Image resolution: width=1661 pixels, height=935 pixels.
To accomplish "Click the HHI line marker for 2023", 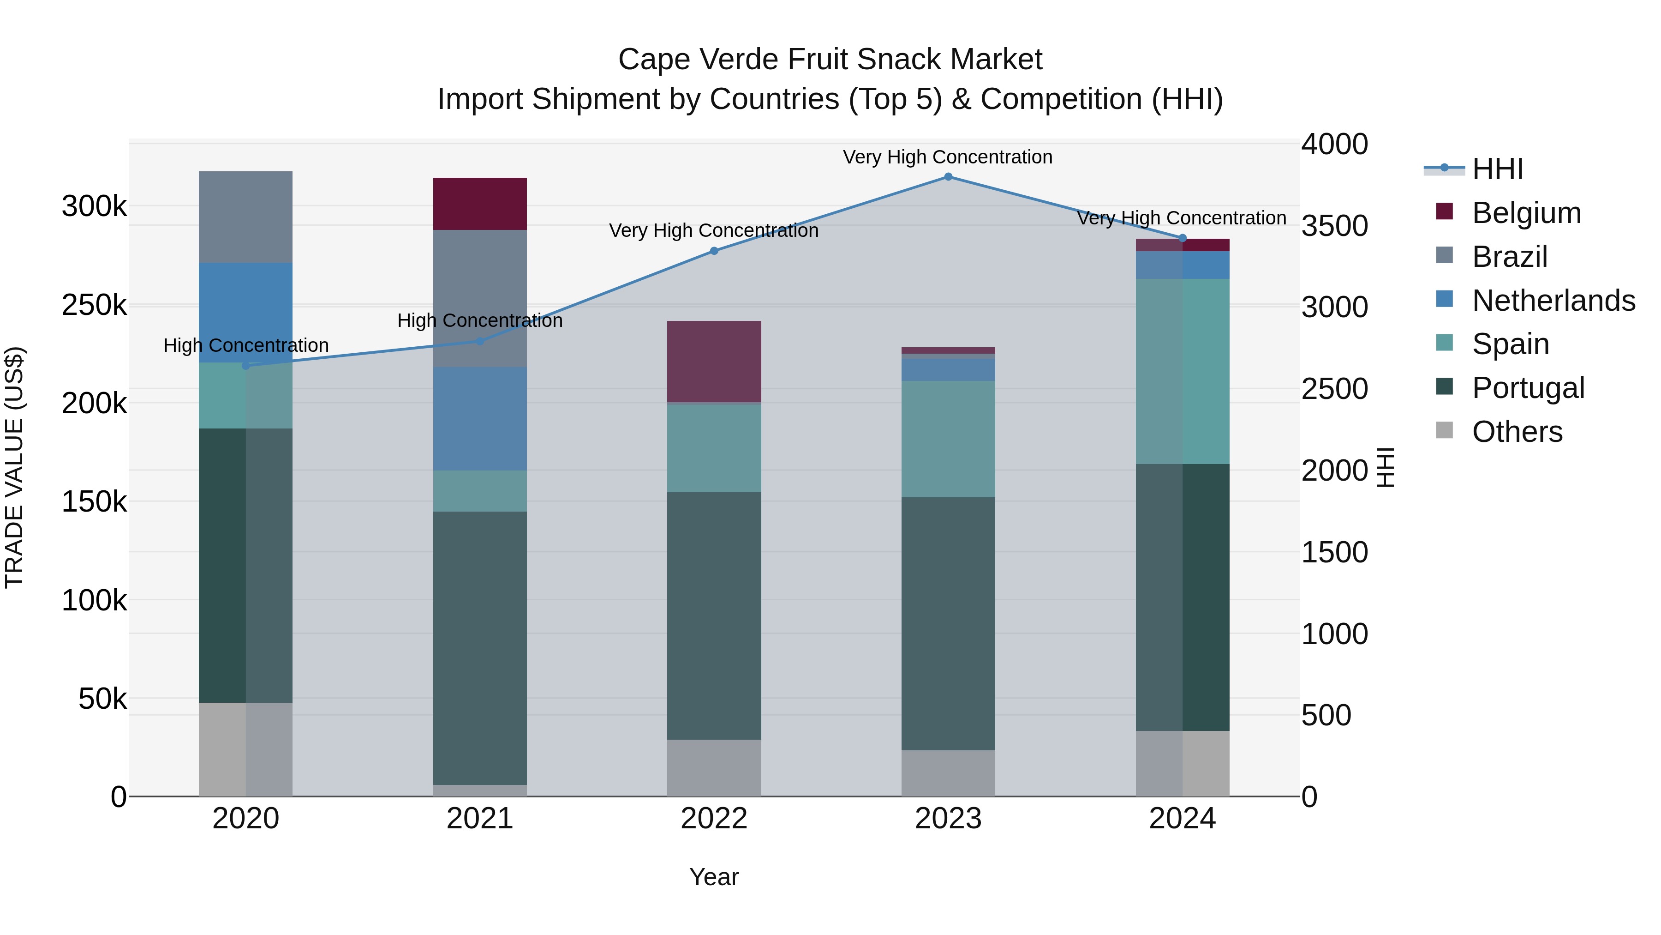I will [x=948, y=177].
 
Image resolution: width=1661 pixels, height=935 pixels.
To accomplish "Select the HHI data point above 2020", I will [x=245, y=365].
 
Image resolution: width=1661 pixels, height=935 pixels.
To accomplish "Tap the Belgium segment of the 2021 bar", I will [x=480, y=204].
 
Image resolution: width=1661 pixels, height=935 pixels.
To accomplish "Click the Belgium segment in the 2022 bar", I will [x=714, y=362].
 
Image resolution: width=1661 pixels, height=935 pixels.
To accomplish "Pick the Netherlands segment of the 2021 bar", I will [x=480, y=418].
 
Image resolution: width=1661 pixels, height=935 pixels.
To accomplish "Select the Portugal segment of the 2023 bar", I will [x=948, y=623].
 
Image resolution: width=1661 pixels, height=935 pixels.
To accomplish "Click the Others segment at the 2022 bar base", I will [x=714, y=767].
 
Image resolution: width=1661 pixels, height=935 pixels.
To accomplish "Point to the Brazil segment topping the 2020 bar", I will [x=245, y=217].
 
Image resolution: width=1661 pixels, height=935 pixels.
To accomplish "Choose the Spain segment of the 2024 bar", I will [x=1183, y=371].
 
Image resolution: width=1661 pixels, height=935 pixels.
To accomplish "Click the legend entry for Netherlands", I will [x=1553, y=301].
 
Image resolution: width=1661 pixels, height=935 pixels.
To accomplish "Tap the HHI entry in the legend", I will [x=1497, y=169].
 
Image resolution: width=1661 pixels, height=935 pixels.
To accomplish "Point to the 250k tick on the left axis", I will [x=94, y=305].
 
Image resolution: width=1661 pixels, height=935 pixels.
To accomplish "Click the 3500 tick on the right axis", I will [x=1334, y=226].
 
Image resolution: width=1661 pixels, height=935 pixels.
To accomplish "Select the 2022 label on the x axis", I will [x=714, y=819].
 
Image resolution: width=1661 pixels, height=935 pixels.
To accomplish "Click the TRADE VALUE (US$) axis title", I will [x=14, y=467].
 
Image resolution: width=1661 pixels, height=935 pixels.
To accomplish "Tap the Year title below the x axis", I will [x=714, y=877].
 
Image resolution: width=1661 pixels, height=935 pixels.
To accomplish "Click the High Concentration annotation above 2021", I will [x=480, y=321].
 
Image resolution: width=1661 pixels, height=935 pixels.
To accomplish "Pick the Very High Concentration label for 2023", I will [x=947, y=157].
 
